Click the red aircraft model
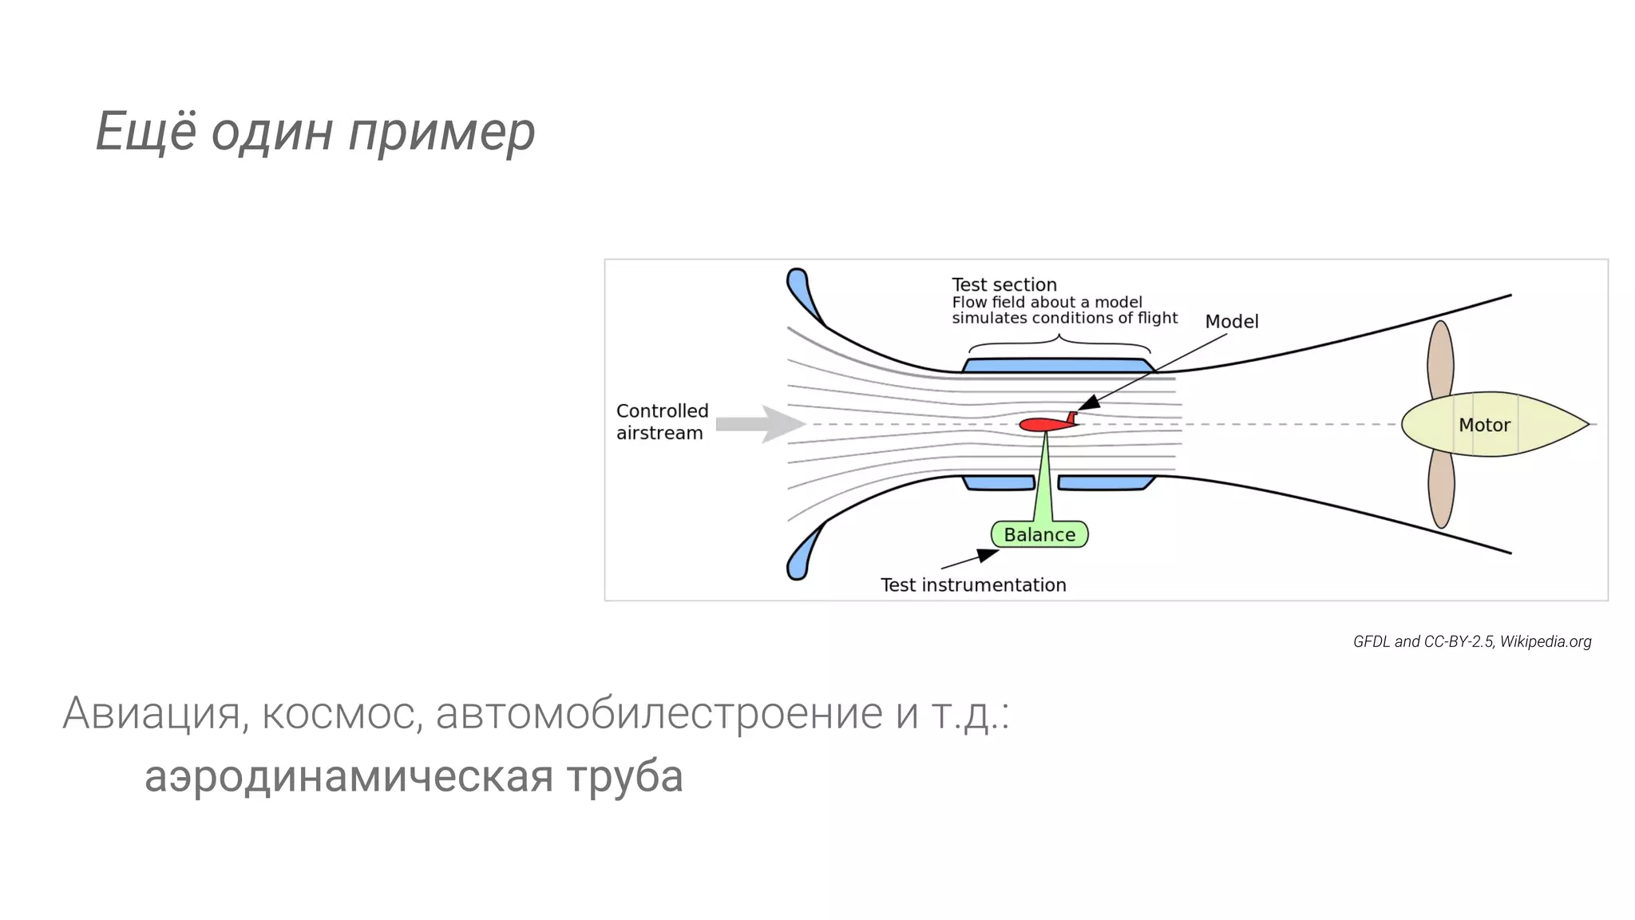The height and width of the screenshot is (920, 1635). coord(1046,424)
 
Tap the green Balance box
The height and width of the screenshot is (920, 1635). coord(1039,534)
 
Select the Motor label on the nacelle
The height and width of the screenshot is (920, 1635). coord(1484,425)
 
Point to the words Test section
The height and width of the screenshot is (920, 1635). coord(1004,285)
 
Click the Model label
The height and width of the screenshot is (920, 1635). coord(1231,322)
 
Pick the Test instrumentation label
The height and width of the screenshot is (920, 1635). coord(973,585)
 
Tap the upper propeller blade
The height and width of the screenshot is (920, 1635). coord(1440,359)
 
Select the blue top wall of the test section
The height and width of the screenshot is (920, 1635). coord(1059,366)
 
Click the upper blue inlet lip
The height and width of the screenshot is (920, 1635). coord(802,293)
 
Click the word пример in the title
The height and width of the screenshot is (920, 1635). coord(441,133)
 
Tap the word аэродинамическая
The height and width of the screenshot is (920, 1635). coord(349,776)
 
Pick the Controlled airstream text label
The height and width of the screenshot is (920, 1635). coord(662,422)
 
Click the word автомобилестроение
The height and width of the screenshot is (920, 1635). coord(659,713)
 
